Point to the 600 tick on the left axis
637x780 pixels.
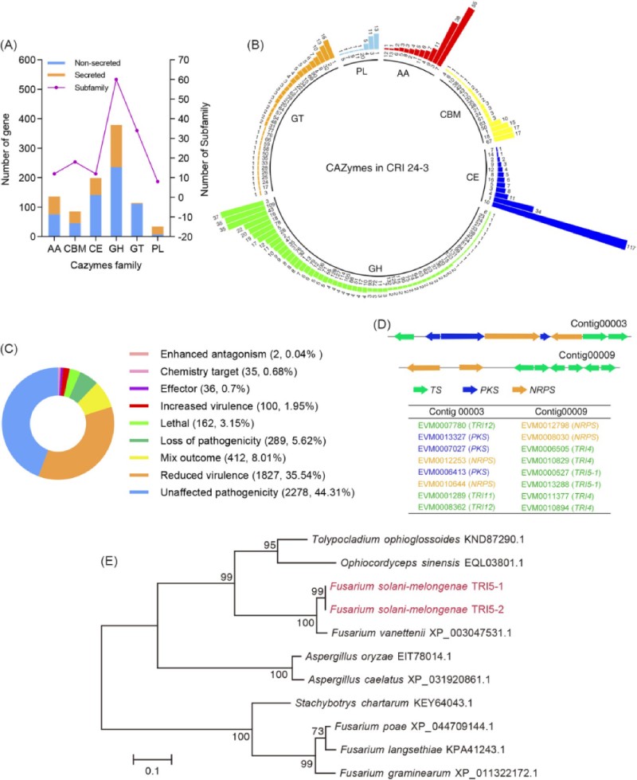coord(28,60)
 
